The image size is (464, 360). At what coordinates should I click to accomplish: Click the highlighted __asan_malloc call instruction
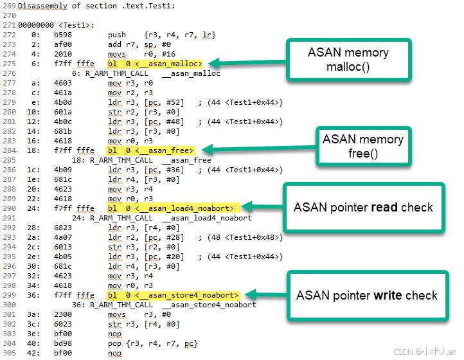pyautogui.click(x=155, y=64)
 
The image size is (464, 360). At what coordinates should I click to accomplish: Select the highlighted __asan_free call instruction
pyautogui.click(x=150, y=150)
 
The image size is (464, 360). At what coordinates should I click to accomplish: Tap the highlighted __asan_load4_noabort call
pyautogui.click(x=173, y=208)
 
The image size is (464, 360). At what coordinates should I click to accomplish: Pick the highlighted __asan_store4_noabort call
pyautogui.click(x=173, y=295)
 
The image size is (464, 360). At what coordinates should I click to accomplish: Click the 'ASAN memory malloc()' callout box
pyautogui.click(x=349, y=60)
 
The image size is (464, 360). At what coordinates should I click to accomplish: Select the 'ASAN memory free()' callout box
pyautogui.click(x=363, y=147)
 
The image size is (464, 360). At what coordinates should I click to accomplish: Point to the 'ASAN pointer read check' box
pyautogui.click(x=364, y=207)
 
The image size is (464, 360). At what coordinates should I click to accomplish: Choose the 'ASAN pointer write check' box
pyautogui.click(x=368, y=296)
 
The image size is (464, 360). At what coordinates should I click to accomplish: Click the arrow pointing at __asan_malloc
pyautogui.click(x=247, y=63)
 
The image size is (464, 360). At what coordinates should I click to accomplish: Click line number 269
pyautogui.click(x=9, y=6)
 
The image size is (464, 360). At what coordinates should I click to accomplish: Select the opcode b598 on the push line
pyautogui.click(x=63, y=35)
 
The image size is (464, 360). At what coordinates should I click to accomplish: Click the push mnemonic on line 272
pyautogui.click(x=117, y=35)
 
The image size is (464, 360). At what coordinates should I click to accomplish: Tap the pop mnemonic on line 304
pyautogui.click(x=114, y=344)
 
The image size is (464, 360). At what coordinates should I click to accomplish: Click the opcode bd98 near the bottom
pyautogui.click(x=63, y=343)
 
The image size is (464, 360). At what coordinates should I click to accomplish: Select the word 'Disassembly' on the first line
pyautogui.click(x=42, y=6)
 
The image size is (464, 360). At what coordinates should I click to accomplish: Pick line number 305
pyautogui.click(x=9, y=353)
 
